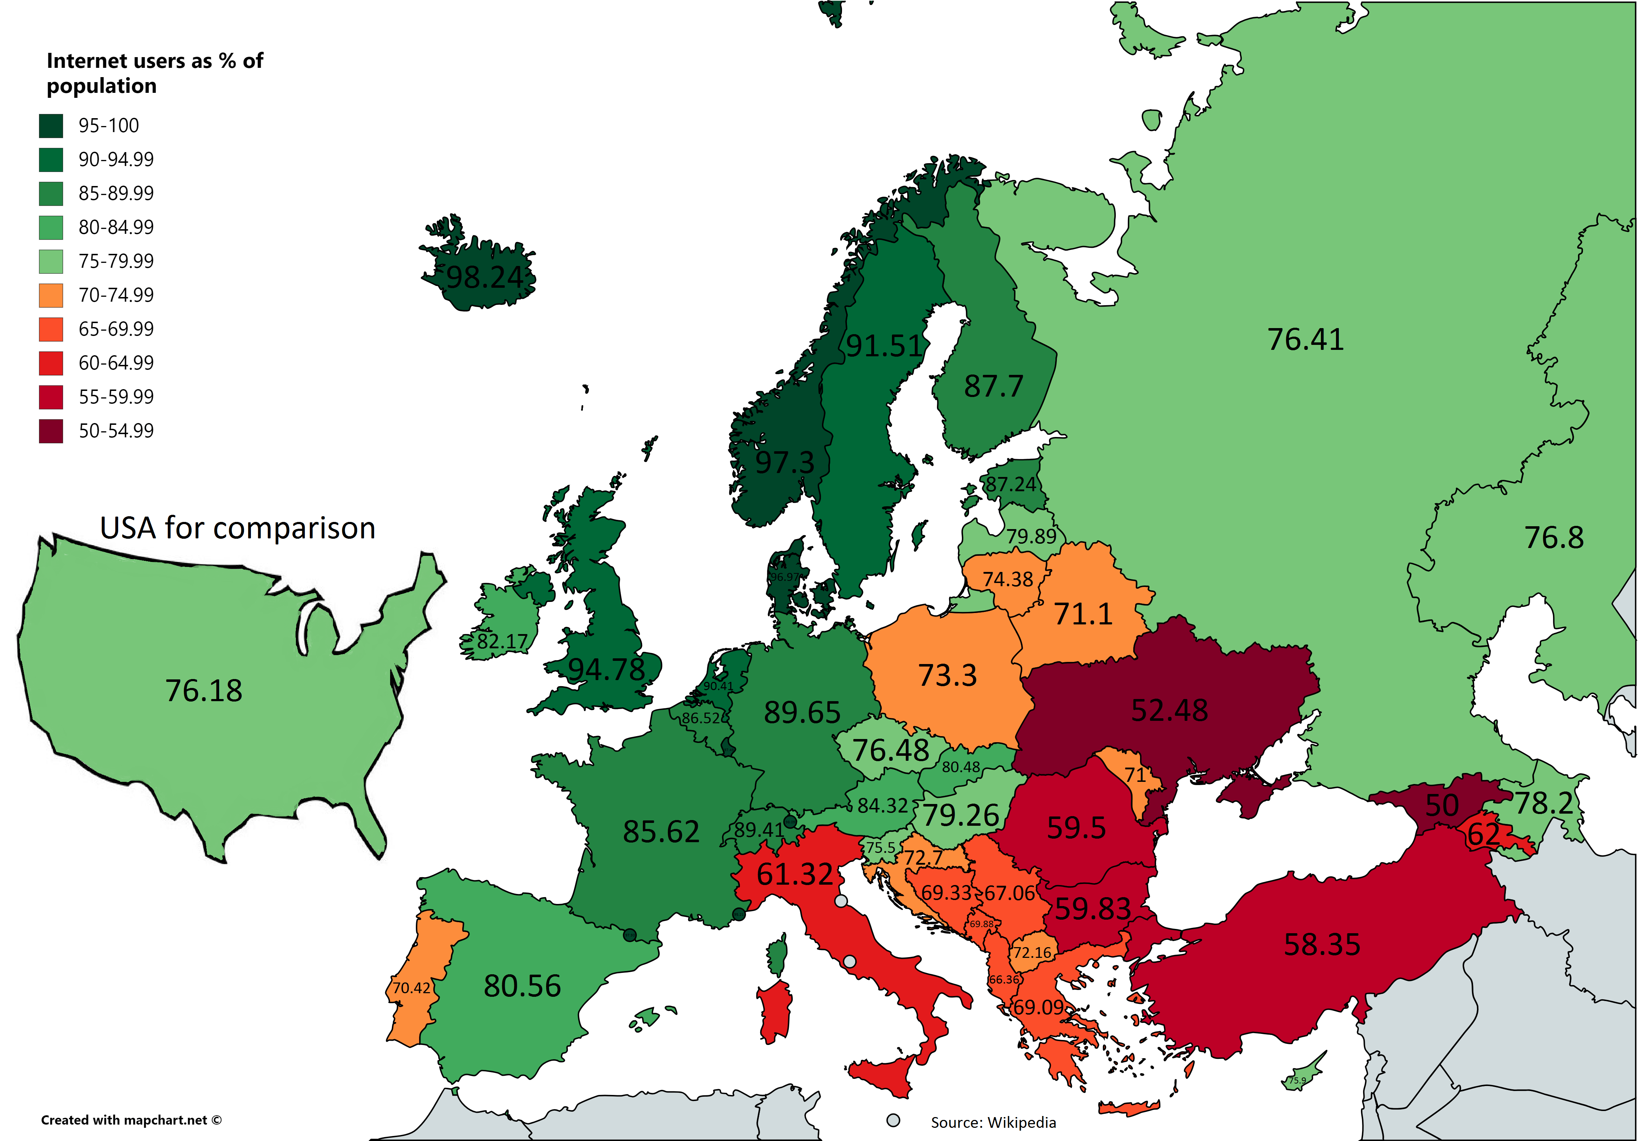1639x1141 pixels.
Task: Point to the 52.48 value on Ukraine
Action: point(1169,710)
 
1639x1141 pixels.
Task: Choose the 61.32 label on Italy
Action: point(795,874)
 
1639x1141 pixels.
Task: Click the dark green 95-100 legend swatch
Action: point(51,126)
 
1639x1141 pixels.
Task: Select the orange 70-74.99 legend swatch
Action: point(51,295)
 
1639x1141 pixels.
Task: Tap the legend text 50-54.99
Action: point(116,431)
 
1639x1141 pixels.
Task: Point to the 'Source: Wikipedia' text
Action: point(993,1122)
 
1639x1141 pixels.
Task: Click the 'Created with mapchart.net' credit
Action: point(131,1120)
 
